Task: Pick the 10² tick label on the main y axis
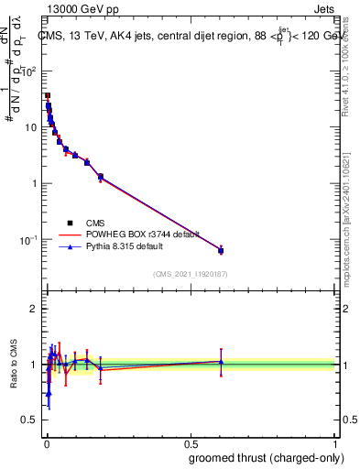(30, 71)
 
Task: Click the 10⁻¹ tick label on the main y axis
(30, 240)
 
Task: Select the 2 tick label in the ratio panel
(37, 309)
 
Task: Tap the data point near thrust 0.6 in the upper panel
(221, 250)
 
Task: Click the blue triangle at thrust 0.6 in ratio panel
(221, 362)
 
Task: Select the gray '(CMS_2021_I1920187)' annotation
(190, 273)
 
